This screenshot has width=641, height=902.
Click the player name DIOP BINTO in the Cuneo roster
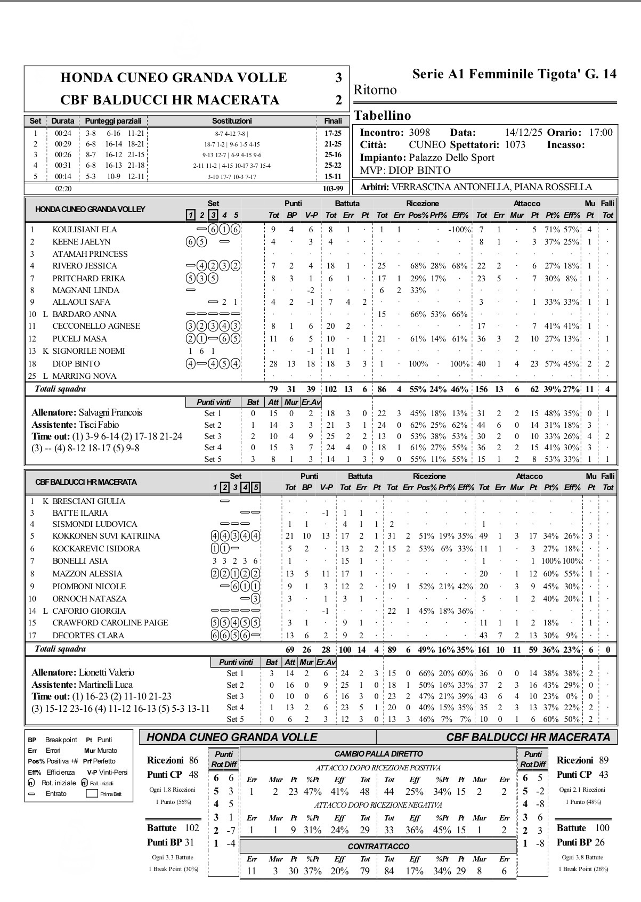pos(76,364)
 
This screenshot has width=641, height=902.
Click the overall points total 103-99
pos(332,188)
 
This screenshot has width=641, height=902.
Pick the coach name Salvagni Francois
pos(110,412)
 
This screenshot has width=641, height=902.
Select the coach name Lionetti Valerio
pos(107,672)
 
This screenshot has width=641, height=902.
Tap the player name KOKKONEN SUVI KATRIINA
pos(106,536)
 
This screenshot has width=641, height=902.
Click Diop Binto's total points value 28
pos(273,364)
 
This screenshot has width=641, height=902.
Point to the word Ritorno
pos(375,90)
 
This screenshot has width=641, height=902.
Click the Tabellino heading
pos(382,116)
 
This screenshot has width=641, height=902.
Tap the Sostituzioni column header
pos(232,121)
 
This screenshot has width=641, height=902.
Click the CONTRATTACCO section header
pos(378,846)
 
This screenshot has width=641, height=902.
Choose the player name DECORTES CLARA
pos(88,635)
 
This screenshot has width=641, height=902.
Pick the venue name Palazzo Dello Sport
pos(452,158)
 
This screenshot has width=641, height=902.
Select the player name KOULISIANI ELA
pos(84,230)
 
